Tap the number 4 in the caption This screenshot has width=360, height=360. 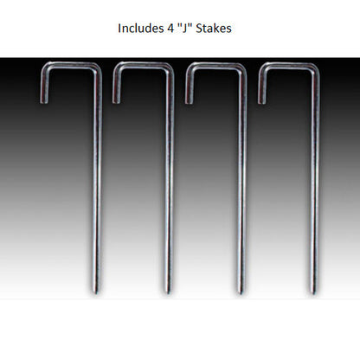pyautogui.click(x=170, y=29)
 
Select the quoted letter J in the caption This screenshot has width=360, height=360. pyautogui.click(x=184, y=29)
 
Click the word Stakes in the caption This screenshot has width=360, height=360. pyautogui.click(x=214, y=29)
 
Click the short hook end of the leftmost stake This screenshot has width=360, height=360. pyautogui.click(x=44, y=101)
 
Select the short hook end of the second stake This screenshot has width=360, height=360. pyautogui.click(x=117, y=101)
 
